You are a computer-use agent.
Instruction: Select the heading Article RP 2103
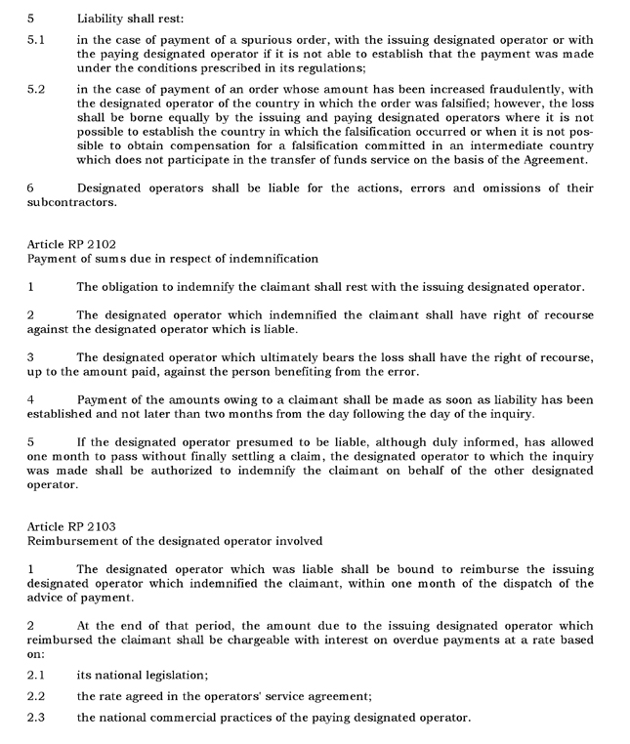pos(71,526)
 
